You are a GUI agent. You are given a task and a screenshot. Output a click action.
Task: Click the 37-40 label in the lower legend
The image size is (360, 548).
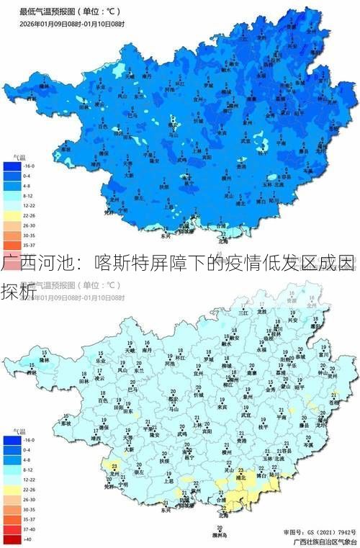29,528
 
